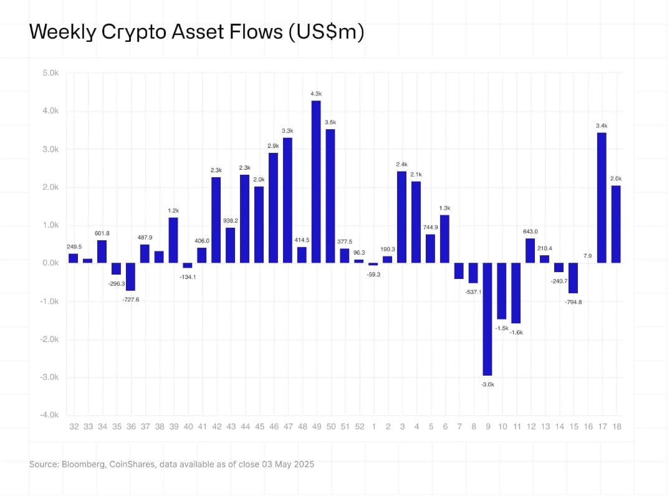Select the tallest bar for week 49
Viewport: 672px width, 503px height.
pyautogui.click(x=316, y=181)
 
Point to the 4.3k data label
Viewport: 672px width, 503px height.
pyautogui.click(x=316, y=94)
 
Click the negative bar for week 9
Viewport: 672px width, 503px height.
pyautogui.click(x=487, y=318)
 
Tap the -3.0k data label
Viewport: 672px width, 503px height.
pyautogui.click(x=487, y=384)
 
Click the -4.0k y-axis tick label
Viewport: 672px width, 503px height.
pyautogui.click(x=49, y=415)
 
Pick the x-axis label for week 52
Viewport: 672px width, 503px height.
pyautogui.click(x=359, y=426)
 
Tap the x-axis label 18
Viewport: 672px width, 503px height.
pyautogui.click(x=616, y=426)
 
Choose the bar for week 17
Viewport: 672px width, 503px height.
pyautogui.click(x=602, y=197)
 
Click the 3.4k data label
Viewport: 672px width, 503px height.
pyautogui.click(x=602, y=125)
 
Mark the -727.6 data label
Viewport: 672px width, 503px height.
pyautogui.click(x=131, y=300)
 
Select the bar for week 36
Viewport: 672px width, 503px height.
pyautogui.click(x=130, y=276)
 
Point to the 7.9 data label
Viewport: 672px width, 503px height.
pyautogui.click(x=587, y=255)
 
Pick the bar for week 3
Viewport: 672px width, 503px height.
pyautogui.click(x=401, y=217)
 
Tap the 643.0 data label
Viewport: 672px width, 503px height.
pyautogui.click(x=530, y=231)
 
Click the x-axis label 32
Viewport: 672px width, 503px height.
pyautogui.click(x=74, y=426)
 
